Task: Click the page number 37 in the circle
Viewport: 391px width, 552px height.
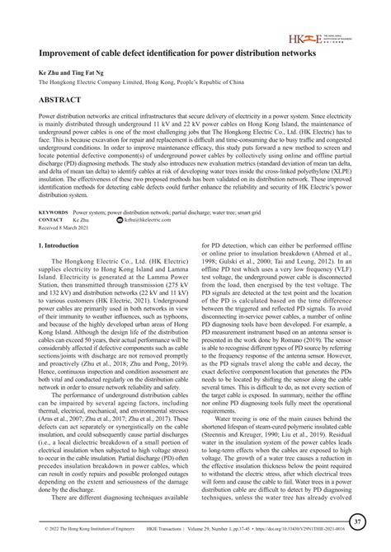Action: pos(356,521)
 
